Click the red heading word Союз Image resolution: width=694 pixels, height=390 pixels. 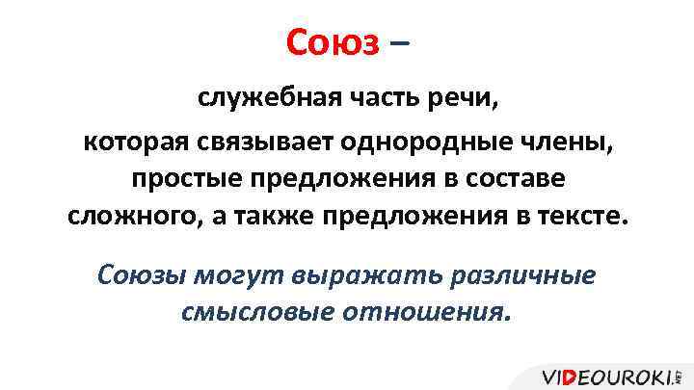(x=334, y=41)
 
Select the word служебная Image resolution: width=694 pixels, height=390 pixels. (x=257, y=98)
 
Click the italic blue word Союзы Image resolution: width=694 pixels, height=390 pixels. (x=143, y=273)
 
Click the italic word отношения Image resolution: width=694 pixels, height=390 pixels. (x=424, y=312)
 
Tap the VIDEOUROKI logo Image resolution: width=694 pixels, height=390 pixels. (x=609, y=376)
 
